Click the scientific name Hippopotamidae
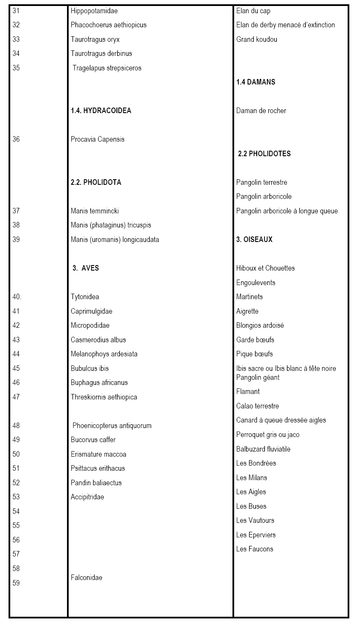click(x=94, y=11)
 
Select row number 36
click(x=16, y=139)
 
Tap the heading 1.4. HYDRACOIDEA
click(x=101, y=111)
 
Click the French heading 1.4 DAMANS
click(x=256, y=82)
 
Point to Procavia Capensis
click(x=98, y=139)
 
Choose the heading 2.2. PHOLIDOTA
click(x=96, y=182)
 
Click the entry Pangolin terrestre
click(x=261, y=182)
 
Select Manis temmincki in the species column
click(x=95, y=211)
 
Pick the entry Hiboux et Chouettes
click(x=265, y=268)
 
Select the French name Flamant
click(x=248, y=391)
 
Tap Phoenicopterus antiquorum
click(x=112, y=426)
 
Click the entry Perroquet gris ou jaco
click(x=268, y=434)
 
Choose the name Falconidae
click(x=87, y=577)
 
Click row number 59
click(x=16, y=583)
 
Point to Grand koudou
click(x=256, y=39)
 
